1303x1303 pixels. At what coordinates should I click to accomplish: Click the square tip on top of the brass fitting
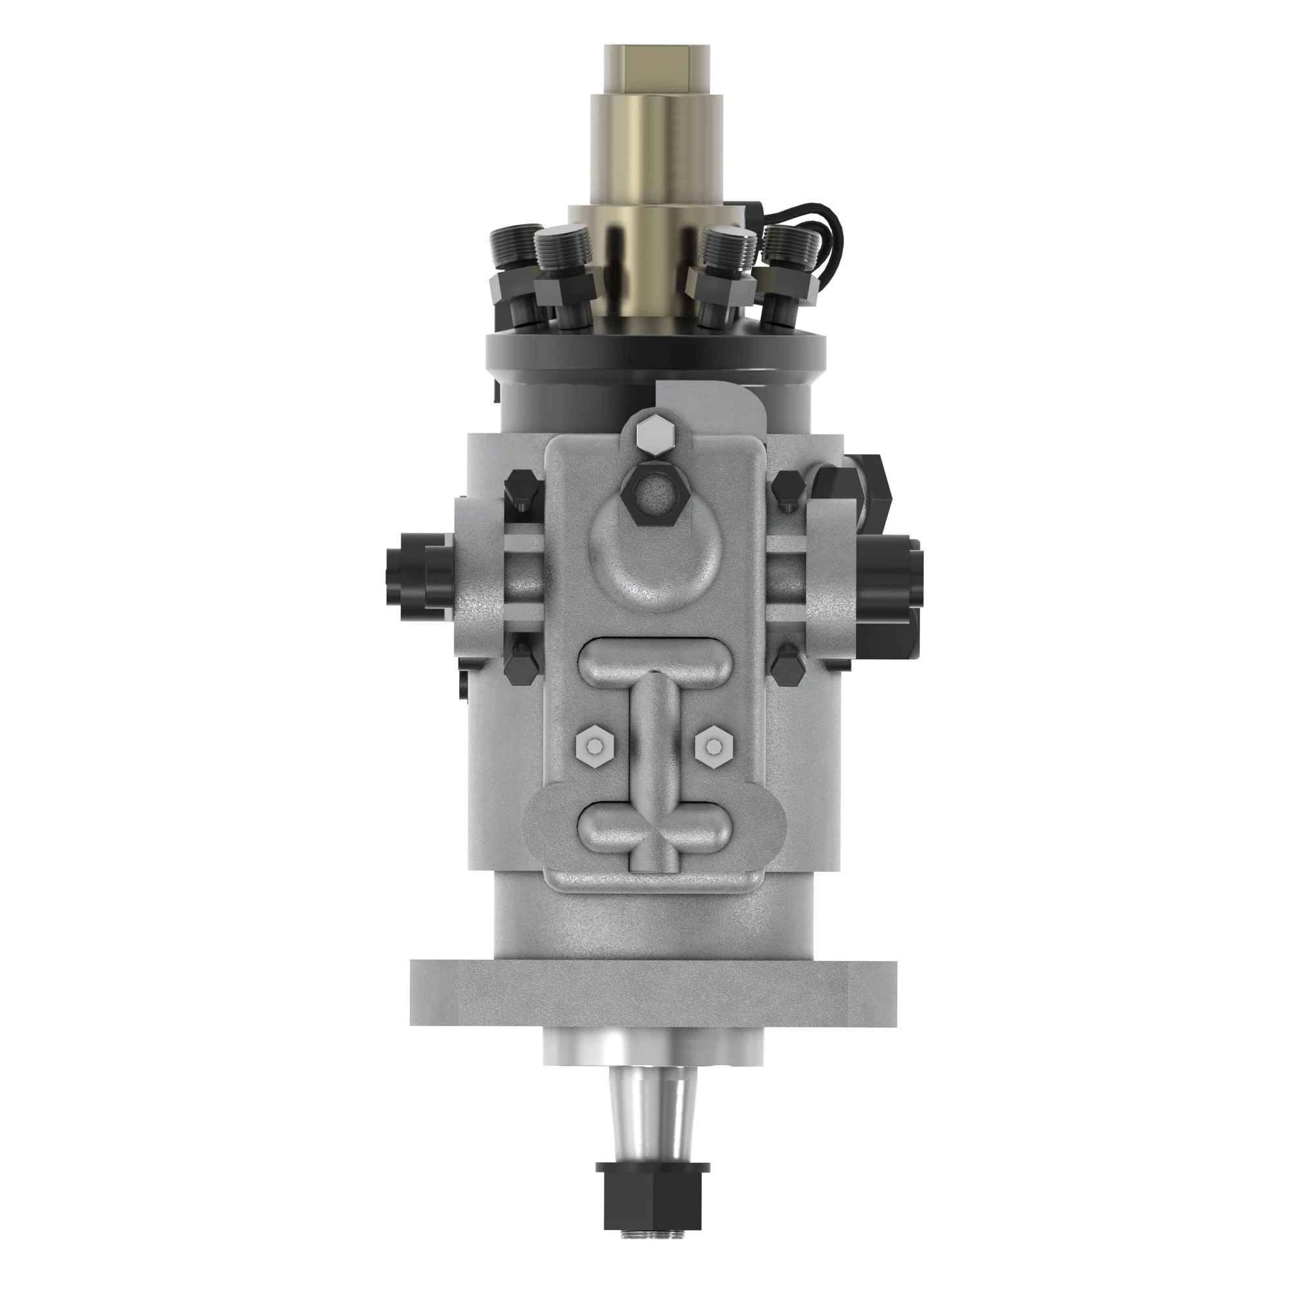(655, 70)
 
